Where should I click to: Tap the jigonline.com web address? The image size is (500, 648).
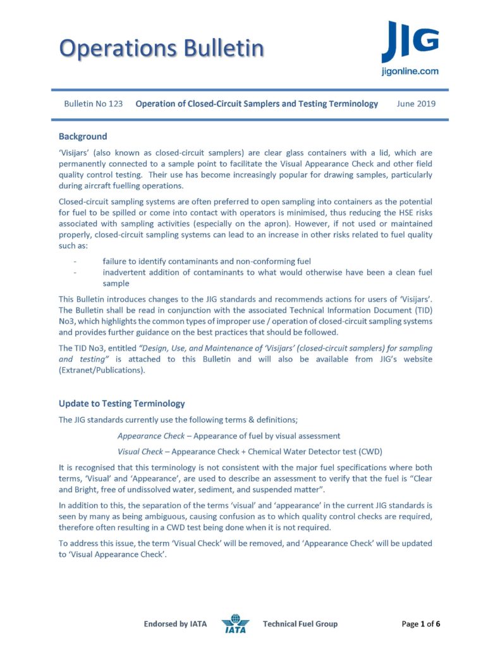click(410, 72)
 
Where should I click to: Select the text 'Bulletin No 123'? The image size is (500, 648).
click(94, 103)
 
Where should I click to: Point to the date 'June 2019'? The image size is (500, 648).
click(416, 103)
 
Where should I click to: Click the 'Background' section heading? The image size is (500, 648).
click(83, 136)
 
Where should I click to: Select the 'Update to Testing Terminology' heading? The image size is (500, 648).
click(121, 403)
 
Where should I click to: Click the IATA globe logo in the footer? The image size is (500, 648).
click(235, 624)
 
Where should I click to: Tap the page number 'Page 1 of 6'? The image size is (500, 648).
click(421, 624)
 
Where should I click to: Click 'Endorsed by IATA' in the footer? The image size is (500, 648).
click(175, 624)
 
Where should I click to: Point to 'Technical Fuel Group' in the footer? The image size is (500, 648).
click(300, 624)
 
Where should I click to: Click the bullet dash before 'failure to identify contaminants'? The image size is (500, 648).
click(75, 261)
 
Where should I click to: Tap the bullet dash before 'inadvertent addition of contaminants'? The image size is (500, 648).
click(75, 273)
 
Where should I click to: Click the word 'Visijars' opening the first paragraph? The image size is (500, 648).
click(76, 153)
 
